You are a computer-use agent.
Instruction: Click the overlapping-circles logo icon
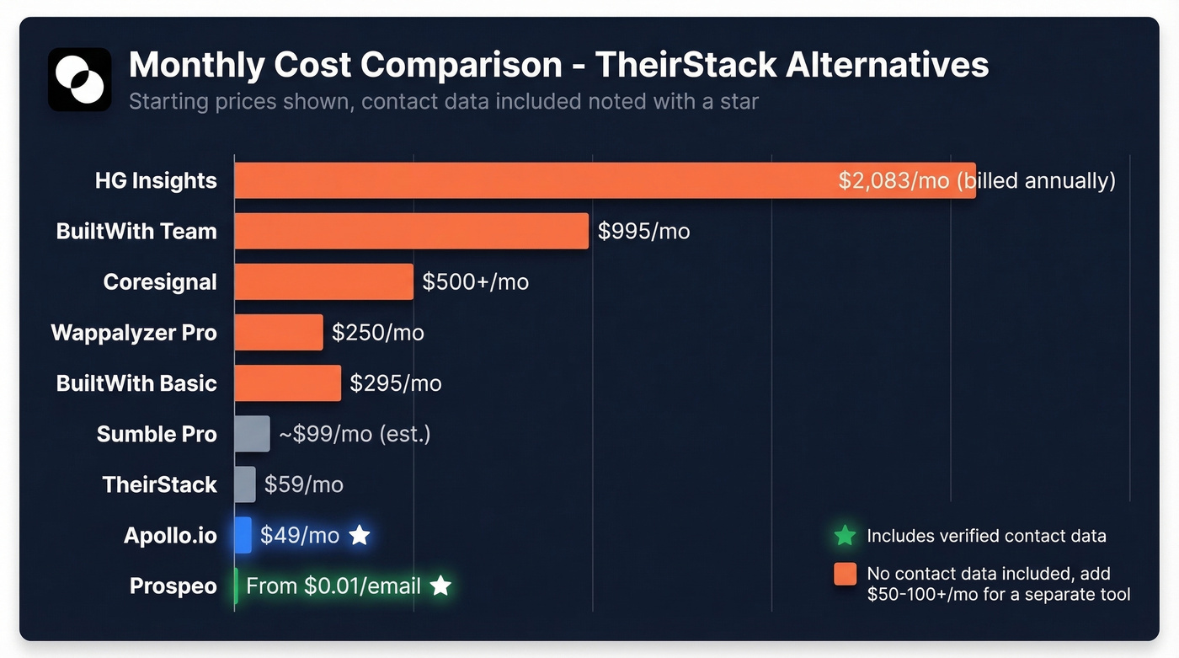click(79, 79)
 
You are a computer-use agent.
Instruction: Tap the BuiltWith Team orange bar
click(411, 231)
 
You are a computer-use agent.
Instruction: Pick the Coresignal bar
click(323, 281)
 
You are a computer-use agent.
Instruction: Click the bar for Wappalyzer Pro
click(278, 332)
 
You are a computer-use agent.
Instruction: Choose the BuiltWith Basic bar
click(287, 382)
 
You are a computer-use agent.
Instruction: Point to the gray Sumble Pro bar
click(252, 434)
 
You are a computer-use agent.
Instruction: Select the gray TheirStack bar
click(244, 484)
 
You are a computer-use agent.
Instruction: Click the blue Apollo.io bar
click(243, 535)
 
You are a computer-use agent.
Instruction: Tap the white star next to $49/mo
click(360, 535)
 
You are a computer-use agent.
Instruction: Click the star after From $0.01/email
click(440, 586)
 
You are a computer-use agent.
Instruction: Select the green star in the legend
click(845, 536)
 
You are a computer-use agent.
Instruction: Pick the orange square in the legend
click(845, 574)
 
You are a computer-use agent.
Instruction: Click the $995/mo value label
click(643, 231)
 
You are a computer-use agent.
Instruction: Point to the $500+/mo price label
click(475, 281)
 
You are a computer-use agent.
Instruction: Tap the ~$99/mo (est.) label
click(355, 434)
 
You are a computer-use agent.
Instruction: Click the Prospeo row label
click(173, 586)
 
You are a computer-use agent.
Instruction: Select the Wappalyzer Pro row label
click(134, 332)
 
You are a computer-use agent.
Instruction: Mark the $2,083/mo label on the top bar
click(894, 180)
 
